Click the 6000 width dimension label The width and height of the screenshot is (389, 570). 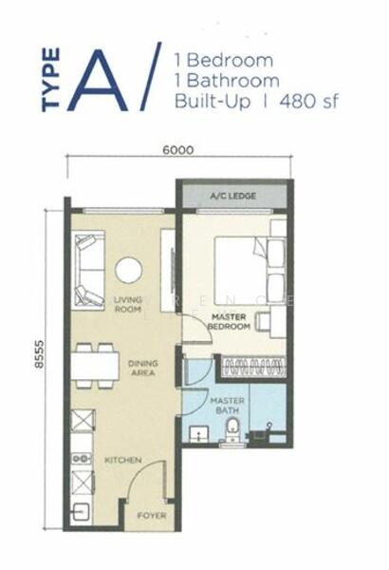click(177, 149)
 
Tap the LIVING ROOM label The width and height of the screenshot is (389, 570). click(127, 304)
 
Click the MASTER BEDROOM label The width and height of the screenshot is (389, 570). click(230, 322)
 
